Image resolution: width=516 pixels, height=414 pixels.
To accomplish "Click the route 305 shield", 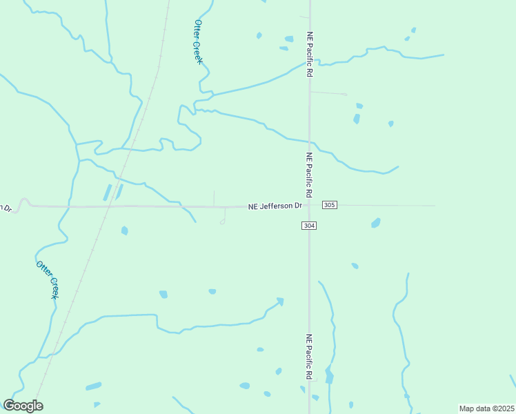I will [x=330, y=205].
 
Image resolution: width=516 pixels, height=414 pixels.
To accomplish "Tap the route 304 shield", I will [x=309, y=226].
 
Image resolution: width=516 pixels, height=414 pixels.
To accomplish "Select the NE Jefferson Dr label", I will [x=275, y=206].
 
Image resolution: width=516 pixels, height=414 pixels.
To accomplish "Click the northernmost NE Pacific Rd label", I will [x=310, y=55].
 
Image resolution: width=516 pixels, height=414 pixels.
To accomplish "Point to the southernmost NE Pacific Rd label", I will [x=310, y=357].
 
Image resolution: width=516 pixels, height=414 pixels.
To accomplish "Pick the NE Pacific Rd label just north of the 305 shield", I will [x=310, y=175].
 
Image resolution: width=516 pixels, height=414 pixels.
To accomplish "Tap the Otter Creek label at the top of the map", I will [x=198, y=41].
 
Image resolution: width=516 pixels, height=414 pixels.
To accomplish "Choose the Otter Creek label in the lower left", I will [x=47, y=279].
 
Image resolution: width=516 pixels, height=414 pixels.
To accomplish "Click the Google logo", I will [x=23, y=405].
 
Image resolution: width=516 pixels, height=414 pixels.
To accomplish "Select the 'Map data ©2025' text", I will [x=486, y=408].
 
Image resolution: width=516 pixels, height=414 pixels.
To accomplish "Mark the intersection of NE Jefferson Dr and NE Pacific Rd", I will [x=309, y=205].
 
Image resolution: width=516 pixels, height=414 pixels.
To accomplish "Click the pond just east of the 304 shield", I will [x=375, y=223].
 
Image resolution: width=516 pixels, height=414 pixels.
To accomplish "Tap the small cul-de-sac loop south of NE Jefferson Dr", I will [x=222, y=221].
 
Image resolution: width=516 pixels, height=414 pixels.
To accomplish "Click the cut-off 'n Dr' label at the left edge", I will [x=6, y=208].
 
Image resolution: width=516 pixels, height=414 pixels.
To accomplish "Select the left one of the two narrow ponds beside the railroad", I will [x=108, y=192].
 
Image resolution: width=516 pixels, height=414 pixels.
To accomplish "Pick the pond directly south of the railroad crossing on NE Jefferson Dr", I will [x=125, y=230].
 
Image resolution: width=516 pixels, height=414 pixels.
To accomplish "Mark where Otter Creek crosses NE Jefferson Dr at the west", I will [x=69, y=206].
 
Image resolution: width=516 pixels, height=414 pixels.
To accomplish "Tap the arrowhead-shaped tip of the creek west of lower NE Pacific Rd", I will [x=280, y=301].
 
